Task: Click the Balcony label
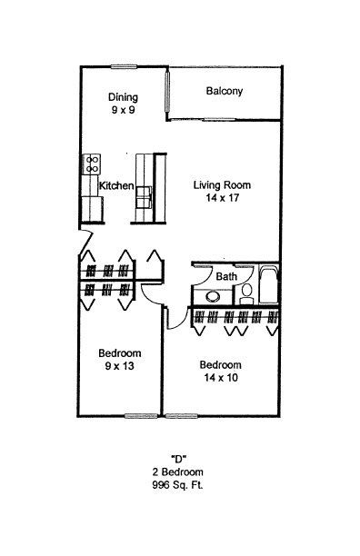point(225,91)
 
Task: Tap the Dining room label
point(123,97)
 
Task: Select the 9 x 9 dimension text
point(123,110)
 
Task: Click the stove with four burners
point(92,164)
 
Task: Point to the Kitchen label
point(116,185)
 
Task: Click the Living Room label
point(222,184)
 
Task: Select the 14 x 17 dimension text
point(223,197)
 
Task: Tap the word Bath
point(226,276)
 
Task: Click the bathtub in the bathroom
point(268,283)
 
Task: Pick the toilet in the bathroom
point(246,293)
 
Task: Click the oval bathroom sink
point(213,296)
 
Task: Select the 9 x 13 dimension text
point(119,366)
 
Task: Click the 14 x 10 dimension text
point(221,378)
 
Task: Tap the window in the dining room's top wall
point(124,66)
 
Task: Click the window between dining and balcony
point(167,92)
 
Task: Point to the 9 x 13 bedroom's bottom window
point(141,416)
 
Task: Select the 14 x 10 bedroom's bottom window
point(181,416)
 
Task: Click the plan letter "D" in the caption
point(179,459)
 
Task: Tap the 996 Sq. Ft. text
point(177,485)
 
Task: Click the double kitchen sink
point(144,197)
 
